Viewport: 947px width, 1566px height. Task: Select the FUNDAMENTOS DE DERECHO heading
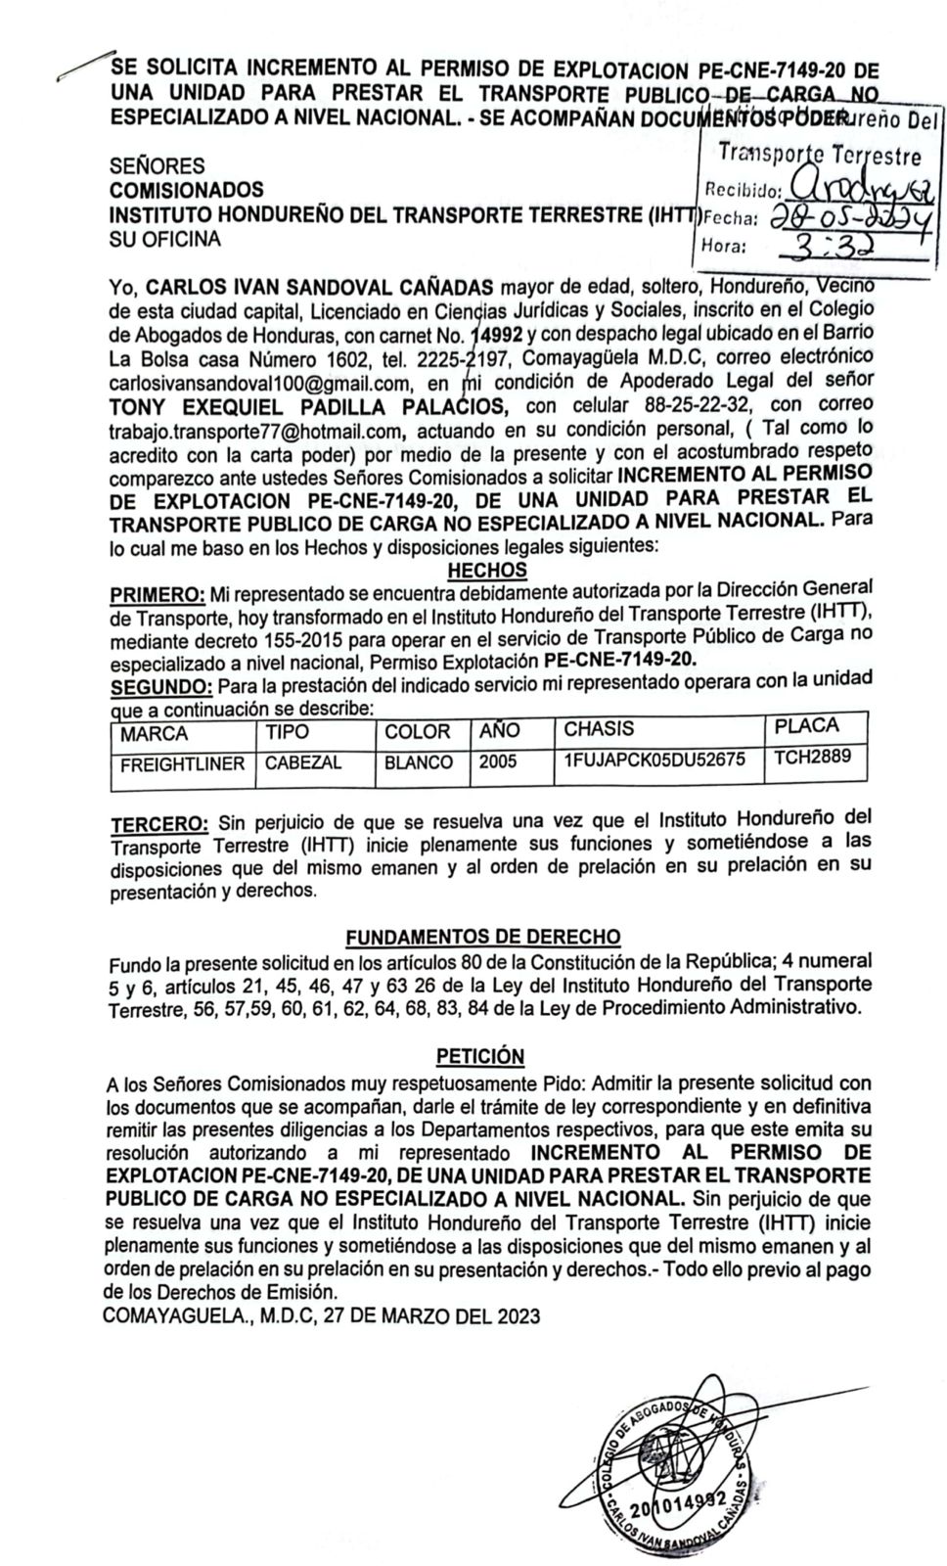[x=483, y=937]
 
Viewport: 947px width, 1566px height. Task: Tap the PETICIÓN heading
[x=479, y=1056]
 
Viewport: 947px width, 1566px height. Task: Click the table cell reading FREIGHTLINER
[x=182, y=764]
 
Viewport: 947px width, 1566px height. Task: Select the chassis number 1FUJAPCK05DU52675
[x=654, y=760]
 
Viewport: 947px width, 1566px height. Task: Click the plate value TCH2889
[x=812, y=757]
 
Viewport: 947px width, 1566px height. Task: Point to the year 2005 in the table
[x=498, y=761]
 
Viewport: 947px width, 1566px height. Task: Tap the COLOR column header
[x=417, y=732]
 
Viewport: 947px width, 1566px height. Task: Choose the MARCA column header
[x=155, y=734]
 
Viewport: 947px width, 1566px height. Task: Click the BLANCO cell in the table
[x=419, y=762]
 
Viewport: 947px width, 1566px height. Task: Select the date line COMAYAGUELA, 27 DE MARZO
[x=321, y=1316]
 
